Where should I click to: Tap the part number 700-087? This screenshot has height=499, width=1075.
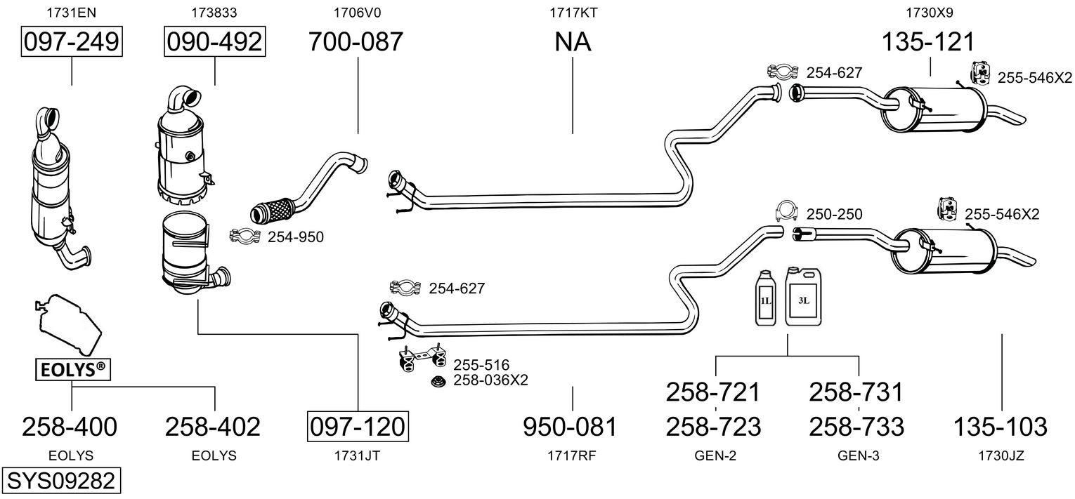pos(357,42)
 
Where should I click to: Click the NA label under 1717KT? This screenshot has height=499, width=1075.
pos(573,42)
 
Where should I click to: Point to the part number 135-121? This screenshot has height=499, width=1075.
pos(929,42)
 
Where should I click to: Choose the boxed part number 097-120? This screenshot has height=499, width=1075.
pos(358,426)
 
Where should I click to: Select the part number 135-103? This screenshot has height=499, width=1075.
pos(1000,426)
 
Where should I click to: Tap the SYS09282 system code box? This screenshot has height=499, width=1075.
pos(60,481)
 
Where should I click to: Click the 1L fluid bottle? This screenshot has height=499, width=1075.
pos(767,300)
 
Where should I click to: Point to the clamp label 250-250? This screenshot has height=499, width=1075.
pos(834,214)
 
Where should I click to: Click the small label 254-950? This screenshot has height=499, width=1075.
pos(295,237)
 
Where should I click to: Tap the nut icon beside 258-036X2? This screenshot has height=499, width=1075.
pos(437,382)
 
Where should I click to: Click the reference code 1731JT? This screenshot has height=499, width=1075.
pos(358,455)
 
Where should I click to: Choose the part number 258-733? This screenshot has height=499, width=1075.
pos(856,426)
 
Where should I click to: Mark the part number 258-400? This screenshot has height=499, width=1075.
pos(70,426)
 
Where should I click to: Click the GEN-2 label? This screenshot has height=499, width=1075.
pos(715,455)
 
